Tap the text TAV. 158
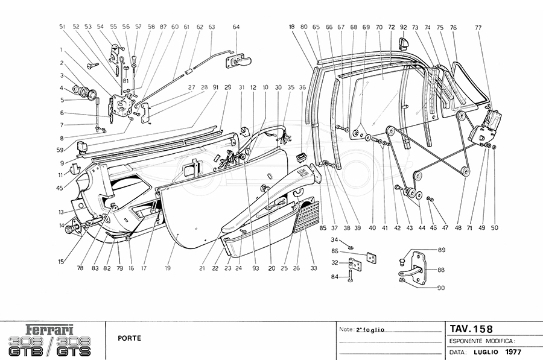coord(471,329)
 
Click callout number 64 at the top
coord(236,27)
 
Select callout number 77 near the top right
coord(478,28)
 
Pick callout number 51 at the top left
coord(62,27)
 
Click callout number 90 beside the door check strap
coord(441,288)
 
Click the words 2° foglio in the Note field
coord(370,330)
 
